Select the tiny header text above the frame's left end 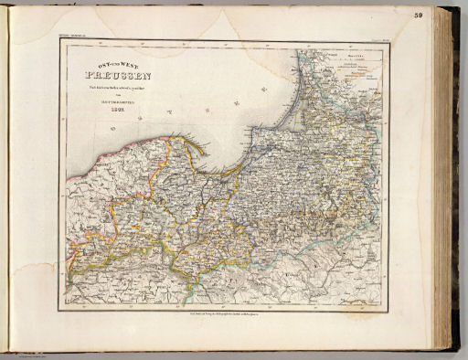[70, 37]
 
